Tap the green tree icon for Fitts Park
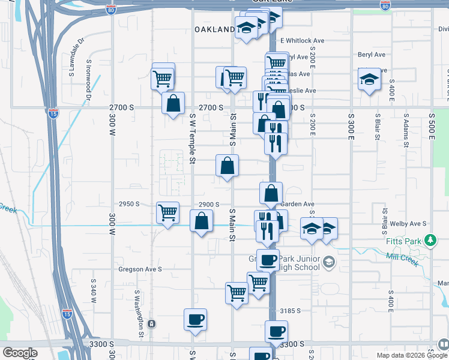point(429,241)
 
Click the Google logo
point(19,353)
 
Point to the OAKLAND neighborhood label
point(214,29)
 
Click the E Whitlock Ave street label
point(303,41)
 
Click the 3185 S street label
point(291,311)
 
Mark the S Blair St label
point(378,127)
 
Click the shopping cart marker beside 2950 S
point(167,212)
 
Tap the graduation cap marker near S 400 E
point(370,79)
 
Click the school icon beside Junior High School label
point(328,261)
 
